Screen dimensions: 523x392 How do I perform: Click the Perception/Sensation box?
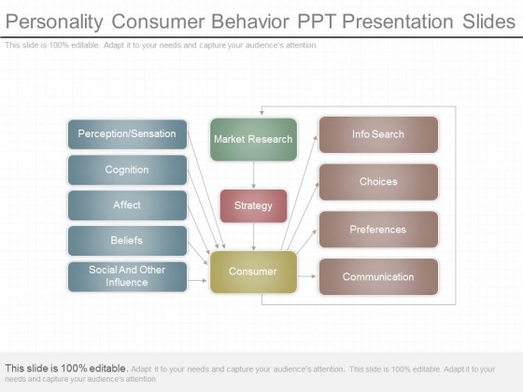pyautogui.click(x=127, y=134)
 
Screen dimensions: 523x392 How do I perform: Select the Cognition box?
pyautogui.click(x=127, y=170)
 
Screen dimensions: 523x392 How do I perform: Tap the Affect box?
pyautogui.click(x=127, y=205)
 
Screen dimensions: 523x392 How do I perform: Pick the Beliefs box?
pyautogui.click(x=127, y=241)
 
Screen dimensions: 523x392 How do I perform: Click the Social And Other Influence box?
pyautogui.click(x=127, y=276)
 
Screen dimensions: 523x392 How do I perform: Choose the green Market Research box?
pyautogui.click(x=253, y=140)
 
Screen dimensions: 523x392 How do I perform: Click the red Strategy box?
pyautogui.click(x=253, y=206)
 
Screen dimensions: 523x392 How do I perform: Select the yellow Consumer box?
pyautogui.click(x=253, y=272)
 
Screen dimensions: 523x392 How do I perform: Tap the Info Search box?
pyautogui.click(x=378, y=134)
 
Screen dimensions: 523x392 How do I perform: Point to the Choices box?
pyautogui.click(x=378, y=182)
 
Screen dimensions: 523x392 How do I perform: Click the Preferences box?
pyautogui.click(x=378, y=230)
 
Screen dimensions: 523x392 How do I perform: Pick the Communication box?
pyautogui.click(x=378, y=276)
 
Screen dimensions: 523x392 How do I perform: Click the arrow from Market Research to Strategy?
pyautogui.click(x=253, y=175)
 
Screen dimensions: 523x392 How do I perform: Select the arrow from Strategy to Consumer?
pyautogui.click(x=253, y=237)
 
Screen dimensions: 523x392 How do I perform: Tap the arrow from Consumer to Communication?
pyautogui.click(x=306, y=276)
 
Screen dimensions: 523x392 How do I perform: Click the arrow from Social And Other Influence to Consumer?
pyautogui.click(x=197, y=281)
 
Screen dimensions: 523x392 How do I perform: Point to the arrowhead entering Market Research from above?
pyautogui.click(x=261, y=113)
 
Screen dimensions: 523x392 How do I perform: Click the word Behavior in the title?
pyautogui.click(x=250, y=21)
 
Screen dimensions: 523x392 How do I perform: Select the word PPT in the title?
pyautogui.click(x=317, y=21)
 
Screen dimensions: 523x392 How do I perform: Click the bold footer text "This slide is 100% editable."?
pyautogui.click(x=66, y=369)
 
